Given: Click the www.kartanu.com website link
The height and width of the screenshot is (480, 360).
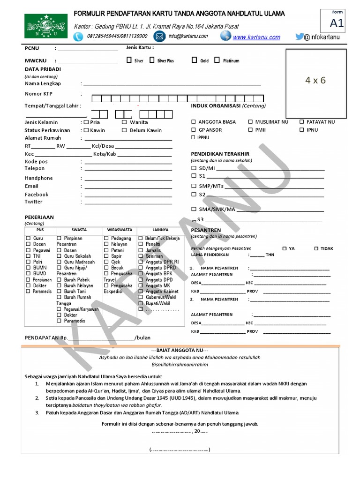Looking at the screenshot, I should [256, 37].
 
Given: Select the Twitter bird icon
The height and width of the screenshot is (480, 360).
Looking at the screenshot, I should [300, 37].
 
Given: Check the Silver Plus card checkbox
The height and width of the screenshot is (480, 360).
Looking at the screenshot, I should [152, 60].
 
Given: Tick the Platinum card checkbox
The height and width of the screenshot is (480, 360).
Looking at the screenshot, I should [217, 60].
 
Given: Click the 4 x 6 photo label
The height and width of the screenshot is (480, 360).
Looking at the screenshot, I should [315, 80].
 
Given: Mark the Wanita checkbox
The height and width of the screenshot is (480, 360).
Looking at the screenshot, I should [125, 122].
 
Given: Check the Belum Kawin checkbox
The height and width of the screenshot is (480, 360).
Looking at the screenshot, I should [125, 130].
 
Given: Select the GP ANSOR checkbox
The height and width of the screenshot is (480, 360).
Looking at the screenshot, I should [194, 130].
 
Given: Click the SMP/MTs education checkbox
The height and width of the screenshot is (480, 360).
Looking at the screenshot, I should [194, 186].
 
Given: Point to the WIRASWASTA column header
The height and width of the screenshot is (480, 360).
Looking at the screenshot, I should [120, 230].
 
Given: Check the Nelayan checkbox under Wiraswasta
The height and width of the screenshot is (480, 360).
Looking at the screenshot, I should [106, 244].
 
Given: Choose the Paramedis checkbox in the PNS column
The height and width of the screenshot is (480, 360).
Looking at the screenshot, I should [28, 292].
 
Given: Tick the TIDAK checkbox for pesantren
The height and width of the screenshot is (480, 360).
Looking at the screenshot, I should [316, 248].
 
